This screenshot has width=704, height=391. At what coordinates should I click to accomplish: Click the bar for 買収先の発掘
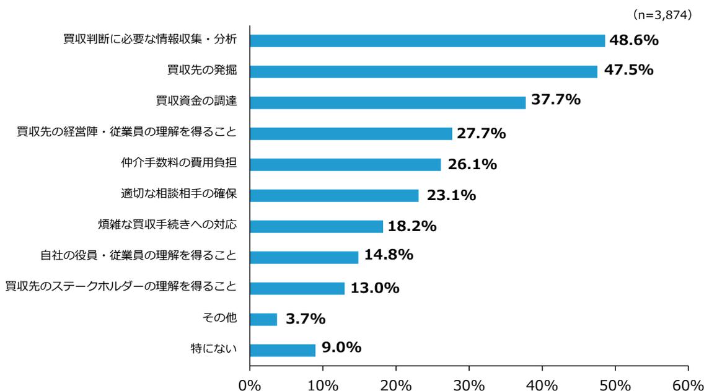point(423,71)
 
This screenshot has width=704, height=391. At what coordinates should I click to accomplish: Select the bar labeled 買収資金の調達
point(387,102)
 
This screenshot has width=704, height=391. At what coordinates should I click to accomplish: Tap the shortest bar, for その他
point(263,319)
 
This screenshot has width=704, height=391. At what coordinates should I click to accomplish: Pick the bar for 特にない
point(283,350)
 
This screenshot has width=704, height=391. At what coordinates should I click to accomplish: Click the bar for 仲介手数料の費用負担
point(345,164)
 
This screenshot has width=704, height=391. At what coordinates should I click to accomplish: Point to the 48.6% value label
point(633,40)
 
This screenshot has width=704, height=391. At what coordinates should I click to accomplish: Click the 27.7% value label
point(481,133)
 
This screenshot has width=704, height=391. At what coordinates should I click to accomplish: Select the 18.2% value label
point(411,226)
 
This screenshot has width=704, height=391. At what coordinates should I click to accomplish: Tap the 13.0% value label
point(374,288)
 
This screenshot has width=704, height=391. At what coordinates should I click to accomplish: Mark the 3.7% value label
point(305,319)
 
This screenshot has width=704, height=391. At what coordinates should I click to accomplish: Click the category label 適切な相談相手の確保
point(178,194)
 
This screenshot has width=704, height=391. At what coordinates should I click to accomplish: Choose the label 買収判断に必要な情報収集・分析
point(150,40)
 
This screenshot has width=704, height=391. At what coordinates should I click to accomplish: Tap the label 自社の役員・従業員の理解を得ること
point(139,255)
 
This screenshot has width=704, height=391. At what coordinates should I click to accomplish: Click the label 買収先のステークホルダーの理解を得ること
point(121,286)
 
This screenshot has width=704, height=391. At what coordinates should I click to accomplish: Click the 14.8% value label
point(389,255)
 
